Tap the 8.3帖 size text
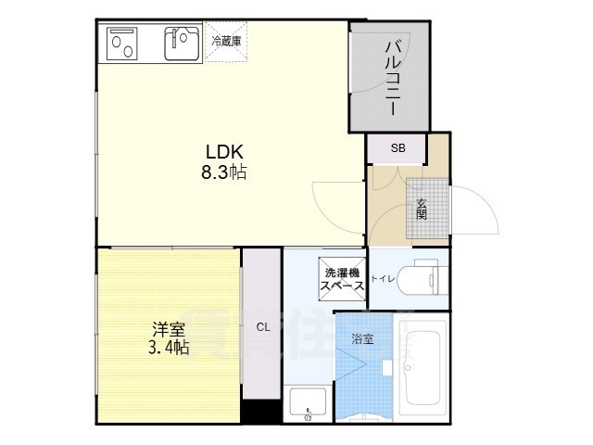click(224, 172)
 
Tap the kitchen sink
click(181, 42)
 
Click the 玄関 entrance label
click(422, 210)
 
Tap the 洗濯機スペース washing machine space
click(342, 280)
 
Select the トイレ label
click(382, 278)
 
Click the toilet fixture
click(425, 277)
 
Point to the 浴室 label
click(363, 339)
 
